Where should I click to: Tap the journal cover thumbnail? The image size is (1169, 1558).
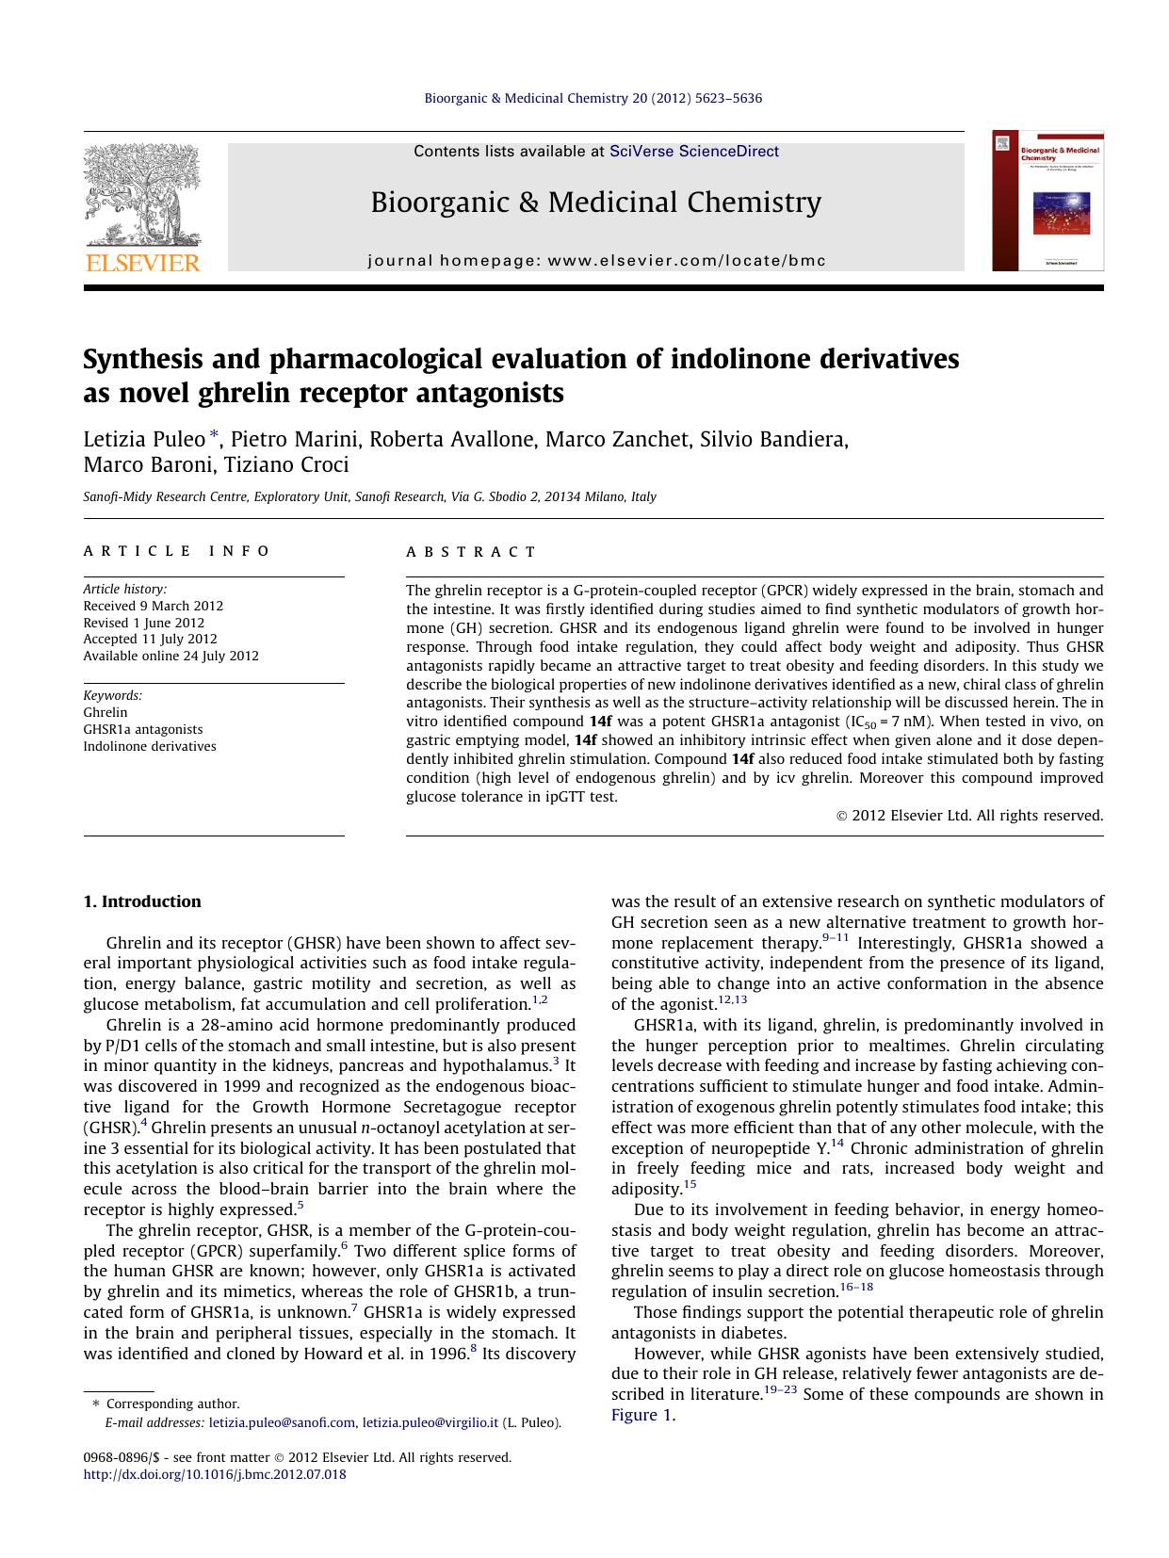point(1047,201)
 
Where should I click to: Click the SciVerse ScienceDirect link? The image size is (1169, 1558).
point(693,151)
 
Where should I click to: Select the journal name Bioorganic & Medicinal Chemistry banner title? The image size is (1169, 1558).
point(595,203)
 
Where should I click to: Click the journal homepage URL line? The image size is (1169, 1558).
point(595,261)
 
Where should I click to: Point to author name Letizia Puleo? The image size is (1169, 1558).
point(144,439)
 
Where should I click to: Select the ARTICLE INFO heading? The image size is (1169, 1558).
point(176,551)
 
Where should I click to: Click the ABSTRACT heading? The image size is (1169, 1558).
point(471,552)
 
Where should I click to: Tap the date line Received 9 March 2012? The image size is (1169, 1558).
point(153,606)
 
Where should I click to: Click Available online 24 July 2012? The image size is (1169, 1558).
point(170,656)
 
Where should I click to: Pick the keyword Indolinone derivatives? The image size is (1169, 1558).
point(149,746)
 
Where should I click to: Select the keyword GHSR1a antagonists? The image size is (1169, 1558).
point(142,729)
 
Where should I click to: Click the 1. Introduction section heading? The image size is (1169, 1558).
point(141,901)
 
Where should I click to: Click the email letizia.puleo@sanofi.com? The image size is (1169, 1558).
point(282,1423)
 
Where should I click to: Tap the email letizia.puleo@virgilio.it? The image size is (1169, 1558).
point(430,1423)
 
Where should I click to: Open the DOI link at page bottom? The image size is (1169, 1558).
point(214,1474)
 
